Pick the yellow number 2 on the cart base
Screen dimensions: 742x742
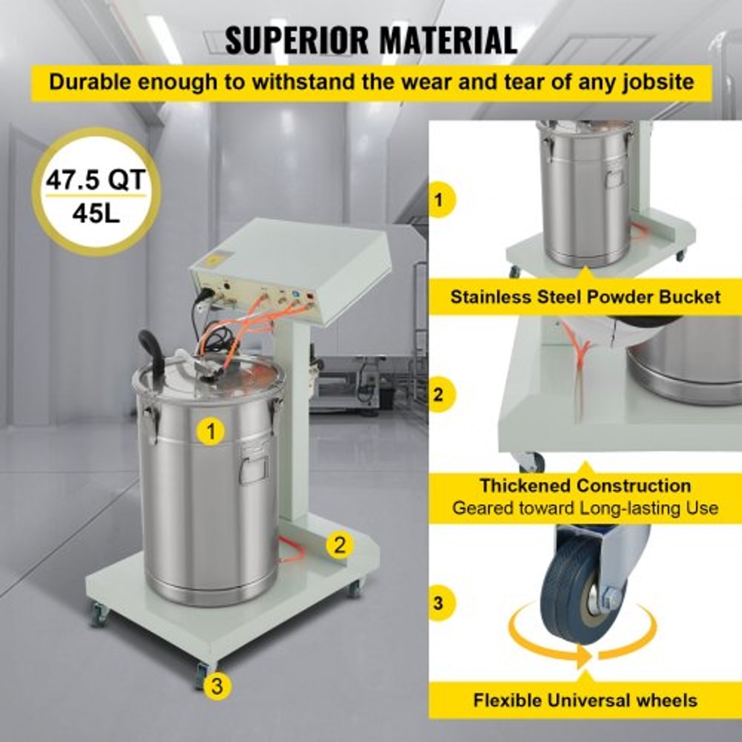pos(340,545)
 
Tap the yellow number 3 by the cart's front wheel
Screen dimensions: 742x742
pos(216,686)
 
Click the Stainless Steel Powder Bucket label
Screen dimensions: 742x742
pos(585,298)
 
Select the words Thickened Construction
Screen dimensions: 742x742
pos(585,486)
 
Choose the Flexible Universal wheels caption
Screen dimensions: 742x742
pos(585,700)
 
